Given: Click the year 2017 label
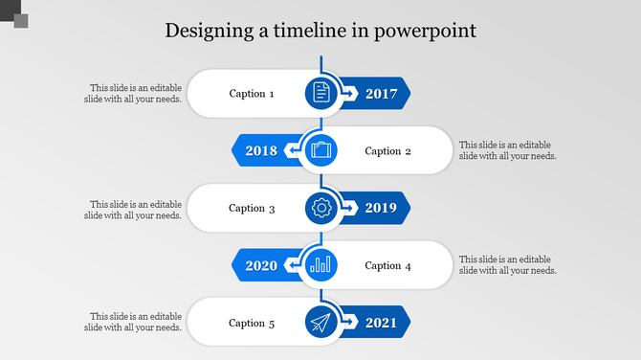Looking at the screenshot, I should pos(381,93).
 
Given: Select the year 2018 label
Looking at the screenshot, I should pos(261,150).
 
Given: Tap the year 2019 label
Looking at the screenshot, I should pos(381,208).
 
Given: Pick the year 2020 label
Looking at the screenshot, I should pos(261,265).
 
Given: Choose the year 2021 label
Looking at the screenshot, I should pos(381,323).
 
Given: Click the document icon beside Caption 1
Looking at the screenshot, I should pos(320,93).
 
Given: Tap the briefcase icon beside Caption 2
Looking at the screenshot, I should pos(320,150).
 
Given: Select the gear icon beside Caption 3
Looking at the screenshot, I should pos(320,208).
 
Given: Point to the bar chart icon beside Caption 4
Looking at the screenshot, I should pos(320,265).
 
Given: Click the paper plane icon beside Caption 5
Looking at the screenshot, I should pos(320,323).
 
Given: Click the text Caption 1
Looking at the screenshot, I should pos(252,94).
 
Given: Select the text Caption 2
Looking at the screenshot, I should pos(388,151).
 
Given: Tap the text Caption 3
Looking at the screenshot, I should pos(252,209).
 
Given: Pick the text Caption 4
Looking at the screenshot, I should pos(388,266).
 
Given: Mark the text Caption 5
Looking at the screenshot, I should pos(252,324).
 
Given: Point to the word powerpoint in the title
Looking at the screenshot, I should pos(425,32).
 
